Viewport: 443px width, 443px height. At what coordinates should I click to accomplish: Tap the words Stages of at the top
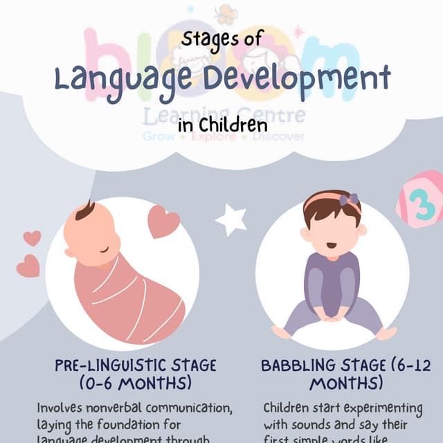point(221,39)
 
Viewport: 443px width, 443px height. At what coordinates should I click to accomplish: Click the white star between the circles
point(230,220)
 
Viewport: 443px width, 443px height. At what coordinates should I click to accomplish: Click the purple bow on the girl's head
point(349,201)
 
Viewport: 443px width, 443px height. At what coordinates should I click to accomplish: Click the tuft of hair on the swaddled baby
point(84,210)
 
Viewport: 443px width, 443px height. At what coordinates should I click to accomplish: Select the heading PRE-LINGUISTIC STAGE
point(136,365)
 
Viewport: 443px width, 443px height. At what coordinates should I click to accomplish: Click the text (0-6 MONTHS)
point(136,383)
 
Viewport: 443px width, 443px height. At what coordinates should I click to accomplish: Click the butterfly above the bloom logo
point(225,14)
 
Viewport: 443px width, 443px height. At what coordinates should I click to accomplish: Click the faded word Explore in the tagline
point(213,137)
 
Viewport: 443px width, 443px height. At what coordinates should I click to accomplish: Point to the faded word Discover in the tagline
point(278,137)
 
